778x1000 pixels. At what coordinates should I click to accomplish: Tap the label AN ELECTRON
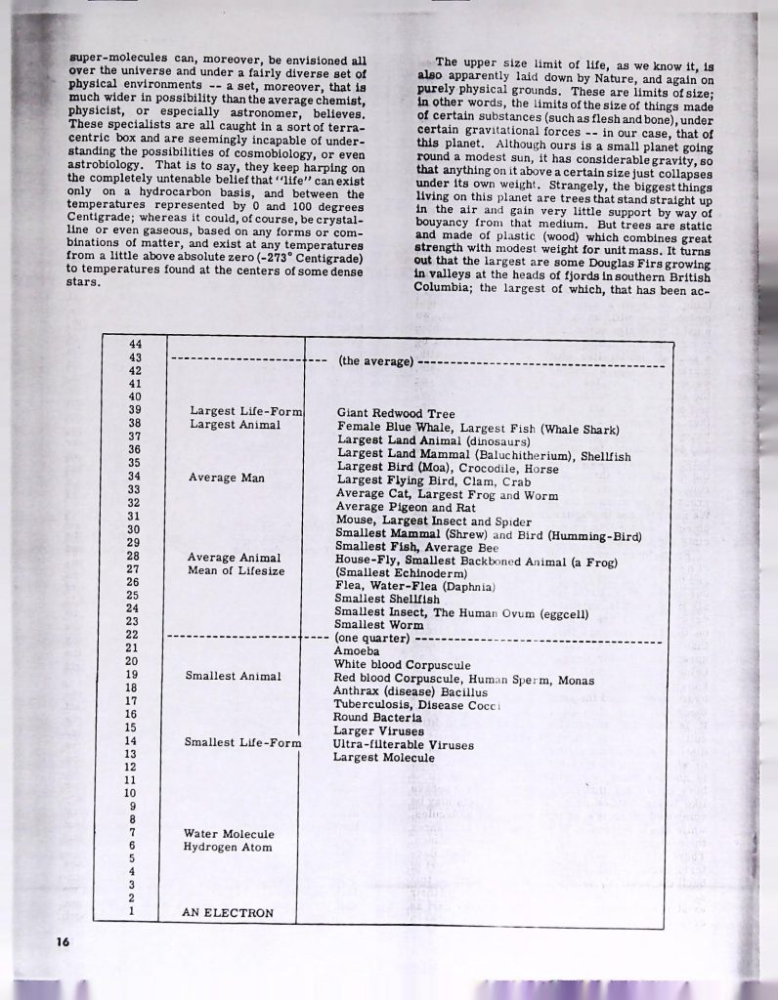[227, 914]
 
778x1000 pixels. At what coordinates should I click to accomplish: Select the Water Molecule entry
[229, 833]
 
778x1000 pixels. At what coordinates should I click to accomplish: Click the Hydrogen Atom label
[228, 848]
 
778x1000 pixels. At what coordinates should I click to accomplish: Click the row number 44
[136, 344]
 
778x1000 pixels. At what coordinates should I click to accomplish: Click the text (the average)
[375, 361]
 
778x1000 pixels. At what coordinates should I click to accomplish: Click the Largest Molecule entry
[383, 758]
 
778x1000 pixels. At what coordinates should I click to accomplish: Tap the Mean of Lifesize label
[236, 571]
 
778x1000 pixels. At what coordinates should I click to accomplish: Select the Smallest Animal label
[233, 676]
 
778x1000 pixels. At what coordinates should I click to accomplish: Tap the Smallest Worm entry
[379, 624]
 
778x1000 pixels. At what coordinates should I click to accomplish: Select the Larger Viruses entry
[378, 730]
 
